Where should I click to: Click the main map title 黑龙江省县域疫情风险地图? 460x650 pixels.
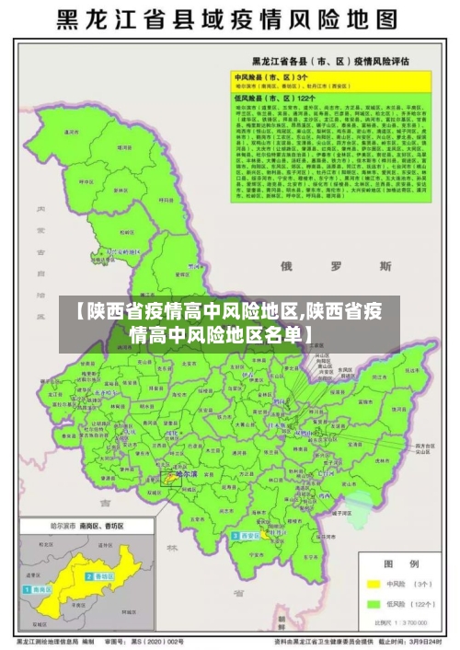pos(229,20)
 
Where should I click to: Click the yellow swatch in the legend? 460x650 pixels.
pos(374,584)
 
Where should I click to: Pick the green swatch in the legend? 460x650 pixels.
pos(374,604)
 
